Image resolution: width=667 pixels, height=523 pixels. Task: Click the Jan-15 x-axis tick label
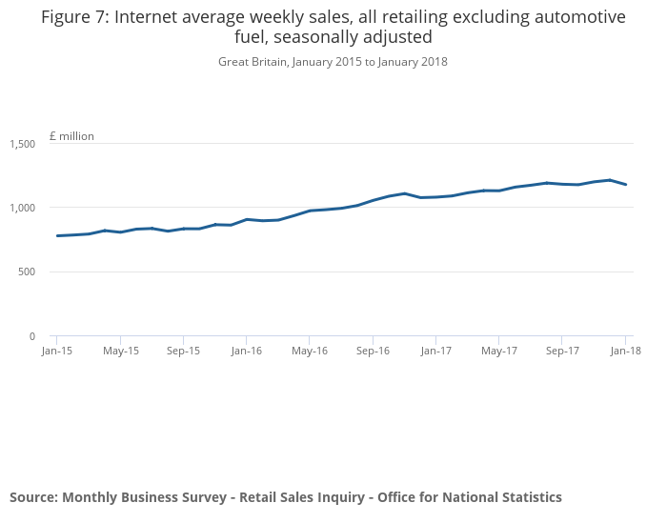57,351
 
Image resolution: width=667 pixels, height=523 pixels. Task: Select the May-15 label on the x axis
121,351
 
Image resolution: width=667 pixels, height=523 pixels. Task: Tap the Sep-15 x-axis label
184,351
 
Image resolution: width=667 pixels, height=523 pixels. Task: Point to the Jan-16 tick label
247,351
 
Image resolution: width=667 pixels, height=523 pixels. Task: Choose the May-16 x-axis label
310,351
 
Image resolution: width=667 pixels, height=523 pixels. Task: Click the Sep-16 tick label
373,351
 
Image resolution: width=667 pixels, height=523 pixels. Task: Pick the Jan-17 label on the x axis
436,351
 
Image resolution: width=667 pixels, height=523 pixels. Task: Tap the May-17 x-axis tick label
499,351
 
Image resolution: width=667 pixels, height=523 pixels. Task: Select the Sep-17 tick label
562,351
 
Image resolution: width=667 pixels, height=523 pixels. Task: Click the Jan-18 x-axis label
625,351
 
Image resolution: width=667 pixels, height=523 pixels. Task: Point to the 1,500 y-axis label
23,144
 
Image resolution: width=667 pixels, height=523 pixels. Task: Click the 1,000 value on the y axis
23,208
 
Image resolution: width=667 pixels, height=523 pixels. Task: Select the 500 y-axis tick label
27,272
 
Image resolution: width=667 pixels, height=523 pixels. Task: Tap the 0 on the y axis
32,336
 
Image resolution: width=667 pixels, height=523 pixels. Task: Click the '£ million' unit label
71,136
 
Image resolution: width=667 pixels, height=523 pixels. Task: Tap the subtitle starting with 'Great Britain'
333,62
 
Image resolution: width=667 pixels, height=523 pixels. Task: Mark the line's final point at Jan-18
625,184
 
